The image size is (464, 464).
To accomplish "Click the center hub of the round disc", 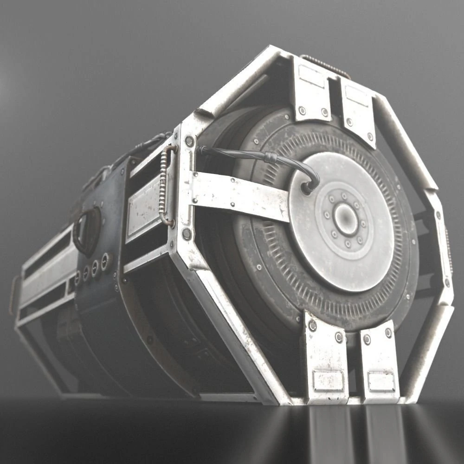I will point(346,219).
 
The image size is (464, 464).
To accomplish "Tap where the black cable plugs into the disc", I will point(307,188).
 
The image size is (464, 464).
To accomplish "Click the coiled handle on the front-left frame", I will point(165,186).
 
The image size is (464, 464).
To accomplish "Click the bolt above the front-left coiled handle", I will point(189,141).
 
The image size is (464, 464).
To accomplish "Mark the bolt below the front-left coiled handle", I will point(186,234).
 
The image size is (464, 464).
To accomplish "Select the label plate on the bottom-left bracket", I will point(328,380).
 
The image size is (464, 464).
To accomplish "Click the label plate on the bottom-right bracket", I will point(381,381).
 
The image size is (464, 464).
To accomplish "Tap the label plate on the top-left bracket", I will point(312,76).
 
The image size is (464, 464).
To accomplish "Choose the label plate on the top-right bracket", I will point(357,96).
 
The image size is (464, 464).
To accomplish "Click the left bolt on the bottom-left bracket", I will point(312,326).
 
